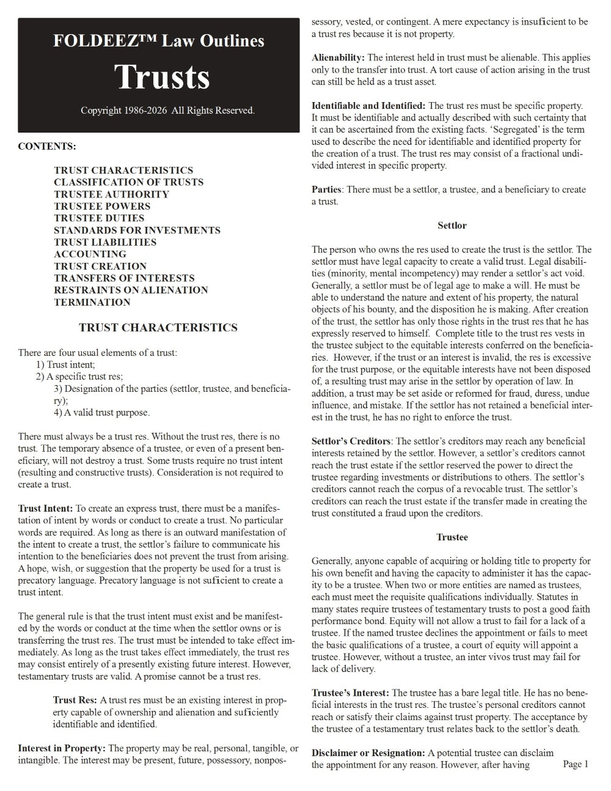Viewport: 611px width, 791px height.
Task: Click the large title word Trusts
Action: coord(162,77)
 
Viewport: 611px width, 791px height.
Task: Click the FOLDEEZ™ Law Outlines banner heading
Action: coord(159,41)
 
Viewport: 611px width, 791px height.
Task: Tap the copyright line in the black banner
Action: coord(167,111)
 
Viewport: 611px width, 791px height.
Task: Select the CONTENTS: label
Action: coord(47,147)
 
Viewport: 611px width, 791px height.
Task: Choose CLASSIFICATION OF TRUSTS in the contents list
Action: coord(128,182)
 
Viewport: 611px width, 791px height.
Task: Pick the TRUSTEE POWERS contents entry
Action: coord(102,206)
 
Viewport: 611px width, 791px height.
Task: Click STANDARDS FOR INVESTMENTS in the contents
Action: coord(137,230)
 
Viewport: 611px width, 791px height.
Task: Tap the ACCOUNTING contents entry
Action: coord(90,254)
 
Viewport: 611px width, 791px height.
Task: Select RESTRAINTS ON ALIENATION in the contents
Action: coord(131,290)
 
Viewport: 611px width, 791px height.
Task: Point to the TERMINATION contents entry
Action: coord(92,302)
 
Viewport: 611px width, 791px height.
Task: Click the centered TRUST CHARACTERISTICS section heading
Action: coord(158,328)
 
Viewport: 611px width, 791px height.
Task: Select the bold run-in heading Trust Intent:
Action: coord(45,509)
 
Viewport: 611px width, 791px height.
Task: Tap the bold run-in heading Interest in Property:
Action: coord(62,748)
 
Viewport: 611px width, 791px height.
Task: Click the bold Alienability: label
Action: coord(338,57)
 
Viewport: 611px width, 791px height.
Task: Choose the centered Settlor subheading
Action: coord(452,226)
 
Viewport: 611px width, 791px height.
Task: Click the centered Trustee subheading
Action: coord(452,537)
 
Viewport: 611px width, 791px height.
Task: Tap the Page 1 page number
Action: coord(576,764)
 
